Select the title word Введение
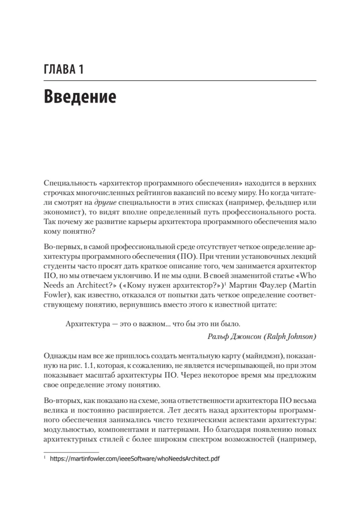[x=80, y=97]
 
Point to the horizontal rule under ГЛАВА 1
[x=180, y=81]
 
